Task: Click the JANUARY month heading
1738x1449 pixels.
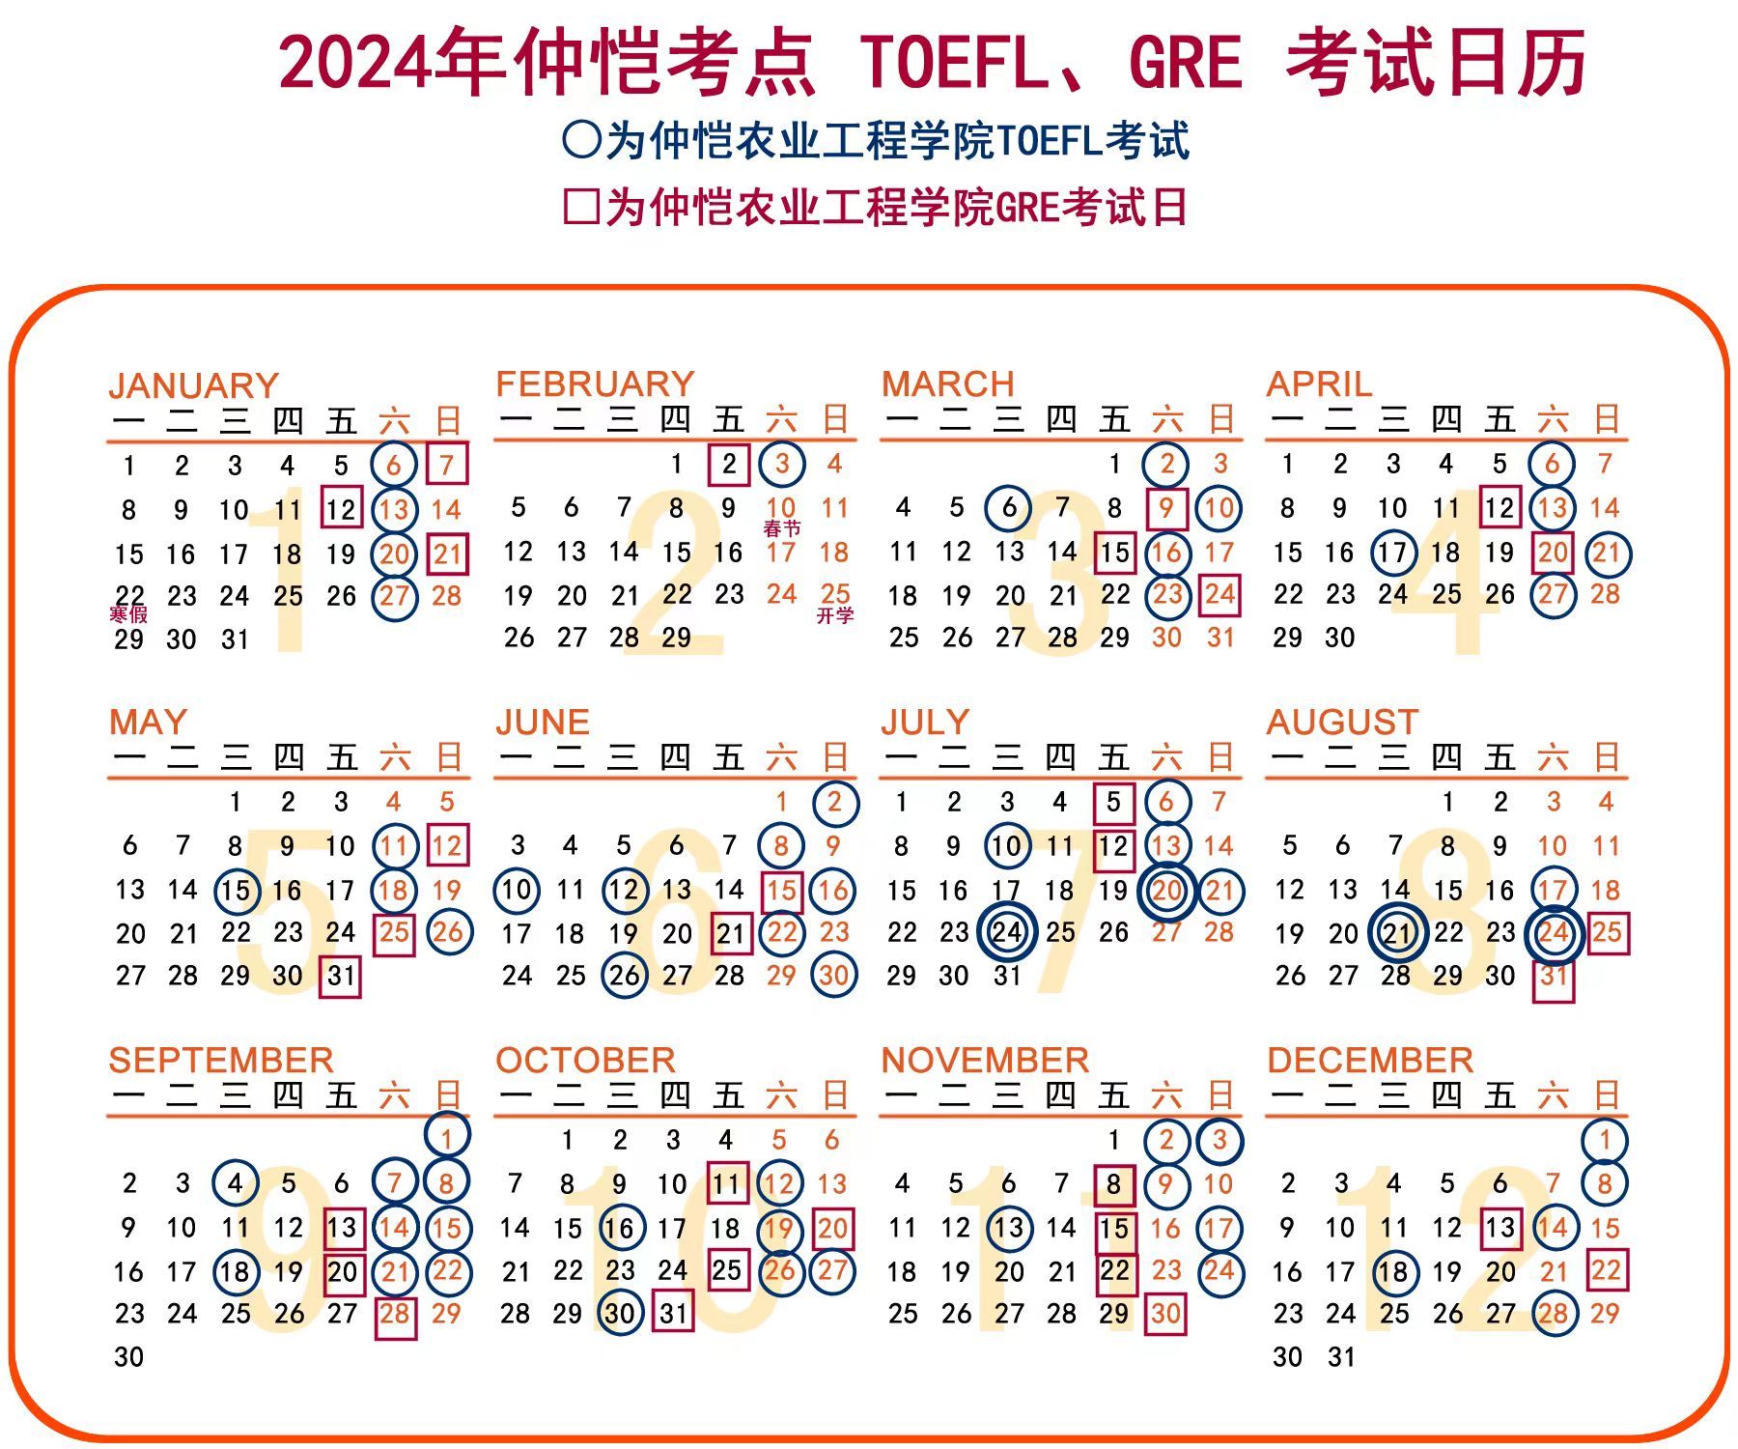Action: pos(193,385)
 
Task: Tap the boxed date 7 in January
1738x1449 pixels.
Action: pos(446,464)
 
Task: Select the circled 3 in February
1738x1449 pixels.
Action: pos(782,464)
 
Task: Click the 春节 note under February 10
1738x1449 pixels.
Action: pos(782,528)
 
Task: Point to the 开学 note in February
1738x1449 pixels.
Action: pos(835,615)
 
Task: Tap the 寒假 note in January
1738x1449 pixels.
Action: pos(128,614)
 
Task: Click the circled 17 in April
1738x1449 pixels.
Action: pos(1392,553)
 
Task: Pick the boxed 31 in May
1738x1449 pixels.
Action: pos(341,976)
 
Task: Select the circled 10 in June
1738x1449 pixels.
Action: pos(518,889)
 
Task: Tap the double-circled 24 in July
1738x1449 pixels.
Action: pos(1007,932)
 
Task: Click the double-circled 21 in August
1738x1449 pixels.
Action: pos(1397,933)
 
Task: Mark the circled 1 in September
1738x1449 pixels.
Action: pos(447,1137)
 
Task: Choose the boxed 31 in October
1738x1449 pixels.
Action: pos(673,1313)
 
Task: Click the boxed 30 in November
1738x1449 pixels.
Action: pos(1165,1314)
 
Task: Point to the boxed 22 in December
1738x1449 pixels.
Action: pos(1606,1269)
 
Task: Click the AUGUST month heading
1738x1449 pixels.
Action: pos(1342,723)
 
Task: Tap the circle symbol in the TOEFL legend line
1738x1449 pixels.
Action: pos(581,140)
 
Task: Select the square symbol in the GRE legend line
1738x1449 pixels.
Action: pos(581,207)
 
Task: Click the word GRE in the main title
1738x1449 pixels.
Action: pos(1185,63)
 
